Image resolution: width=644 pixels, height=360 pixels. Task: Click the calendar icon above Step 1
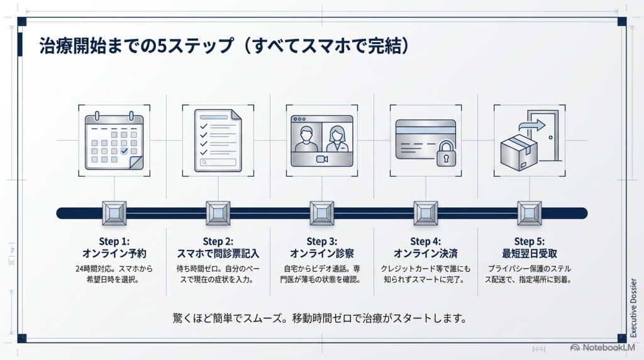(x=114, y=140)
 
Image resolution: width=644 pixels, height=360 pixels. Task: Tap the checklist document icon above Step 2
(x=218, y=140)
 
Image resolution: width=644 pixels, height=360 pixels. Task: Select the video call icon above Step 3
(x=322, y=141)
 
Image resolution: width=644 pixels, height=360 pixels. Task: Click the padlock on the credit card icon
(x=446, y=154)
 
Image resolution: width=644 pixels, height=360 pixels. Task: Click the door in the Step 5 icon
(x=544, y=135)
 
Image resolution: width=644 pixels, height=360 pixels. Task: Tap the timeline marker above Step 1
(x=114, y=213)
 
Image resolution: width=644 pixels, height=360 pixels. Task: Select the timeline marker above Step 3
(x=322, y=213)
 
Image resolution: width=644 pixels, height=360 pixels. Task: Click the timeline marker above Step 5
(x=530, y=213)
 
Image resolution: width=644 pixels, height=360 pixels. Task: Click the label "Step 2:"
(x=218, y=241)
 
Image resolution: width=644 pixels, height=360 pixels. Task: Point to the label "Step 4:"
(x=426, y=241)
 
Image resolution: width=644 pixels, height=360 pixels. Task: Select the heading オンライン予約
(x=114, y=254)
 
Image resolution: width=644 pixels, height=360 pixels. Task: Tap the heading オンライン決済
(x=426, y=254)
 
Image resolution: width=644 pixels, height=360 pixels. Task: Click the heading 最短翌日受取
(x=530, y=254)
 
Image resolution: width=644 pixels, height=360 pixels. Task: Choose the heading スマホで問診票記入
(x=218, y=254)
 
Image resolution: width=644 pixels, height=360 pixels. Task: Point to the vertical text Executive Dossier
(x=633, y=308)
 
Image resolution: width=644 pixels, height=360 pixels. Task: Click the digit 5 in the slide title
(x=162, y=46)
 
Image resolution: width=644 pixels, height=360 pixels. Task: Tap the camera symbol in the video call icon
(x=322, y=159)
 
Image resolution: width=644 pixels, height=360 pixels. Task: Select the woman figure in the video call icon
(x=337, y=139)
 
